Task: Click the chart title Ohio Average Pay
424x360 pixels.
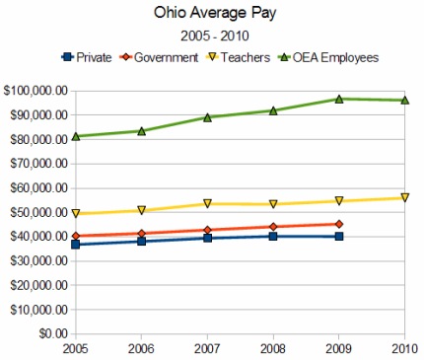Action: (x=215, y=14)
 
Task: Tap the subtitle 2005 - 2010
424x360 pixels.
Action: (x=215, y=36)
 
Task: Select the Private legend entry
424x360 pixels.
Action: (x=87, y=57)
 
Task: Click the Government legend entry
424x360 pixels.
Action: (x=159, y=57)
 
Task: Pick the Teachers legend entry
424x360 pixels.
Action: (x=238, y=57)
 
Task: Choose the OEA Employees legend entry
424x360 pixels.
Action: (x=328, y=58)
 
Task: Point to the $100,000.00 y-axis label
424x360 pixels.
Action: (x=35, y=91)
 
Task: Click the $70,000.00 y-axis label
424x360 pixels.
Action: (x=38, y=164)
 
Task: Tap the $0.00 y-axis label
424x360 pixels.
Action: (x=53, y=333)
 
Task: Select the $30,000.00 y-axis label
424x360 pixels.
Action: (x=38, y=260)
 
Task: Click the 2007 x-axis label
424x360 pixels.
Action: (x=207, y=348)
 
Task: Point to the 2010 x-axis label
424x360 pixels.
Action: (x=404, y=348)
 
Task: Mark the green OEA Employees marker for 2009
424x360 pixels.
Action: (x=339, y=99)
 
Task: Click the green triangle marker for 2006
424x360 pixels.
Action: (x=142, y=131)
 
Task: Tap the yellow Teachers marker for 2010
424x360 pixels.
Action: (x=405, y=197)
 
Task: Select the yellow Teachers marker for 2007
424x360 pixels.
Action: (x=207, y=203)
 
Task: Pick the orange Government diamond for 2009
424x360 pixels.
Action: (x=339, y=224)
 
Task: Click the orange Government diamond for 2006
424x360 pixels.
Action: (x=142, y=234)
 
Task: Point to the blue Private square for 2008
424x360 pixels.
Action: (x=273, y=236)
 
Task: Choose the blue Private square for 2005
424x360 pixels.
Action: (x=76, y=245)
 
